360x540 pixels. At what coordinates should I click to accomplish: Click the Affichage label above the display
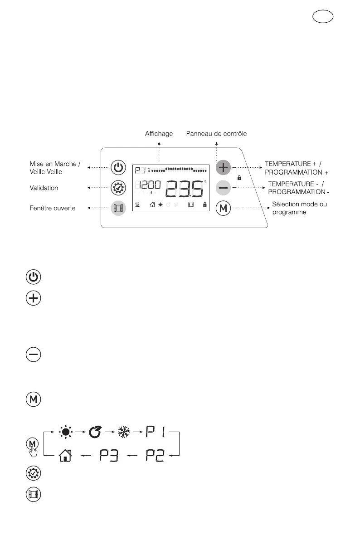(x=159, y=134)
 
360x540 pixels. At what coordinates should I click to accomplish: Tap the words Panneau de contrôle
(x=217, y=134)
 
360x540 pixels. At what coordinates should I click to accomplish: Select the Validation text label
(x=44, y=188)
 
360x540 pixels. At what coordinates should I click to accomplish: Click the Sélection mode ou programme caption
(x=299, y=208)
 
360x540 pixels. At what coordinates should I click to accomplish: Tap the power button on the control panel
(x=118, y=168)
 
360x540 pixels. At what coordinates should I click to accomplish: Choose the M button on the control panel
(x=223, y=208)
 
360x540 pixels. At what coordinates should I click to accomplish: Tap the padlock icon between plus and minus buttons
(x=239, y=178)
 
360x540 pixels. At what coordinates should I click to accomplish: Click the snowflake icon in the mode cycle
(x=124, y=432)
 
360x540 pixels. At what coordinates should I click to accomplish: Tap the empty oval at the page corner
(x=323, y=17)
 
